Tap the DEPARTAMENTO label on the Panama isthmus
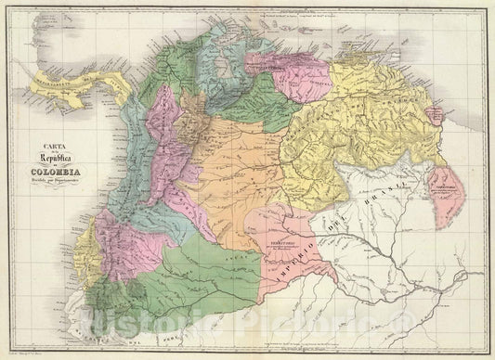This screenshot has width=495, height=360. click(x=56, y=81)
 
